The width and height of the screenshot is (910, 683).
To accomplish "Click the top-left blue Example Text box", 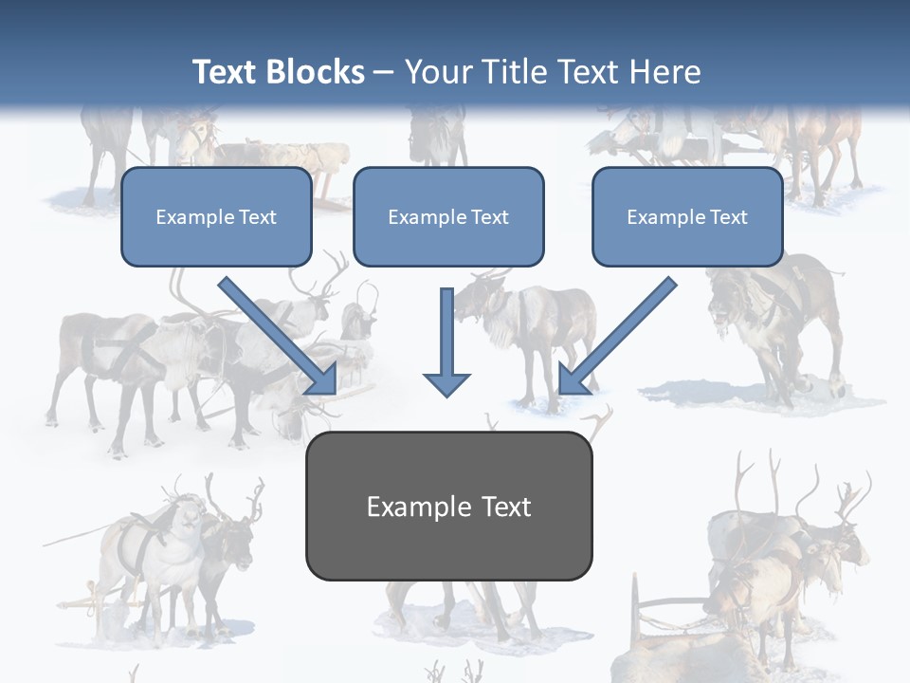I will [x=216, y=217].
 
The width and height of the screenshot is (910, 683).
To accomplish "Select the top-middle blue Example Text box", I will [x=448, y=217].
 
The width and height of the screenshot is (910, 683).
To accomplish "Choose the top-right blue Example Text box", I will [x=687, y=217].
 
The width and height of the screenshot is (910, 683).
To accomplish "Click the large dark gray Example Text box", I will [x=448, y=507].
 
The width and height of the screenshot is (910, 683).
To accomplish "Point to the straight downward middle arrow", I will [x=446, y=337].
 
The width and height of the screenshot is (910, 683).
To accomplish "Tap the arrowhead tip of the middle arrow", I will [x=446, y=393].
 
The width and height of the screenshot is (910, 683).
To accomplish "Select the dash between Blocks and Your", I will [x=384, y=73].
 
